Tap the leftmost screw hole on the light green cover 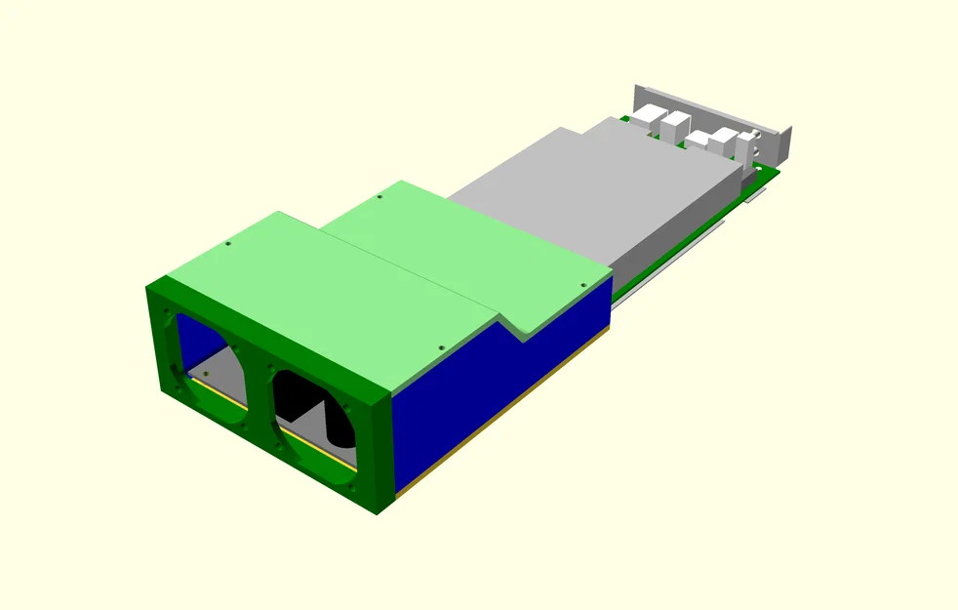[x=227, y=244]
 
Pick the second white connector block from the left [x=675, y=126]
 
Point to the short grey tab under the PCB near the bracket [x=751, y=196]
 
